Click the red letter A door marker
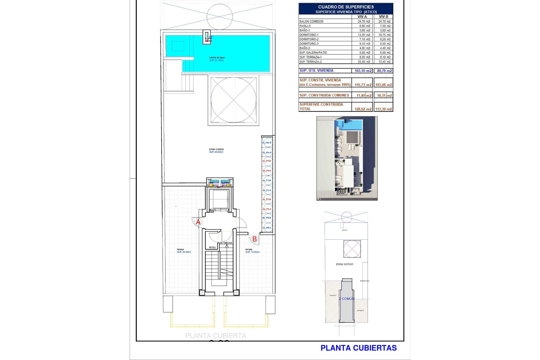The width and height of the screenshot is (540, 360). (x=198, y=222)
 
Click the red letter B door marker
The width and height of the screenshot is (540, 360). (x=254, y=239)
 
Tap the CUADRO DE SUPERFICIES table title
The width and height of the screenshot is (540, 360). (x=346, y=7)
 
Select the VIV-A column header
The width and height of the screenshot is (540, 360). (x=362, y=17)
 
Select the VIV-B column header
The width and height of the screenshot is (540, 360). (x=383, y=17)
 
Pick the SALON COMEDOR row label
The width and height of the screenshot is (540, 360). (x=311, y=21)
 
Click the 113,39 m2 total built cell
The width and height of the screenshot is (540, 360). (x=383, y=109)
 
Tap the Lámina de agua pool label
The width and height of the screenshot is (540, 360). (x=217, y=58)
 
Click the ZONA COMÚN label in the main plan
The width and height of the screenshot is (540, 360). (x=216, y=150)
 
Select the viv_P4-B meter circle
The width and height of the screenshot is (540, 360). (x=267, y=161)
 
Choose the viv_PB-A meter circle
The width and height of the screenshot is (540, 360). (x=267, y=228)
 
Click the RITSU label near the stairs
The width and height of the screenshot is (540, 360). (x=212, y=247)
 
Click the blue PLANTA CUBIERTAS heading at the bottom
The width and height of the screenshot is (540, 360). (x=358, y=348)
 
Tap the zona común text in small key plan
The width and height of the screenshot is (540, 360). (x=344, y=264)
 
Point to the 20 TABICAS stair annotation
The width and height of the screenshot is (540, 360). (x=226, y=243)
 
